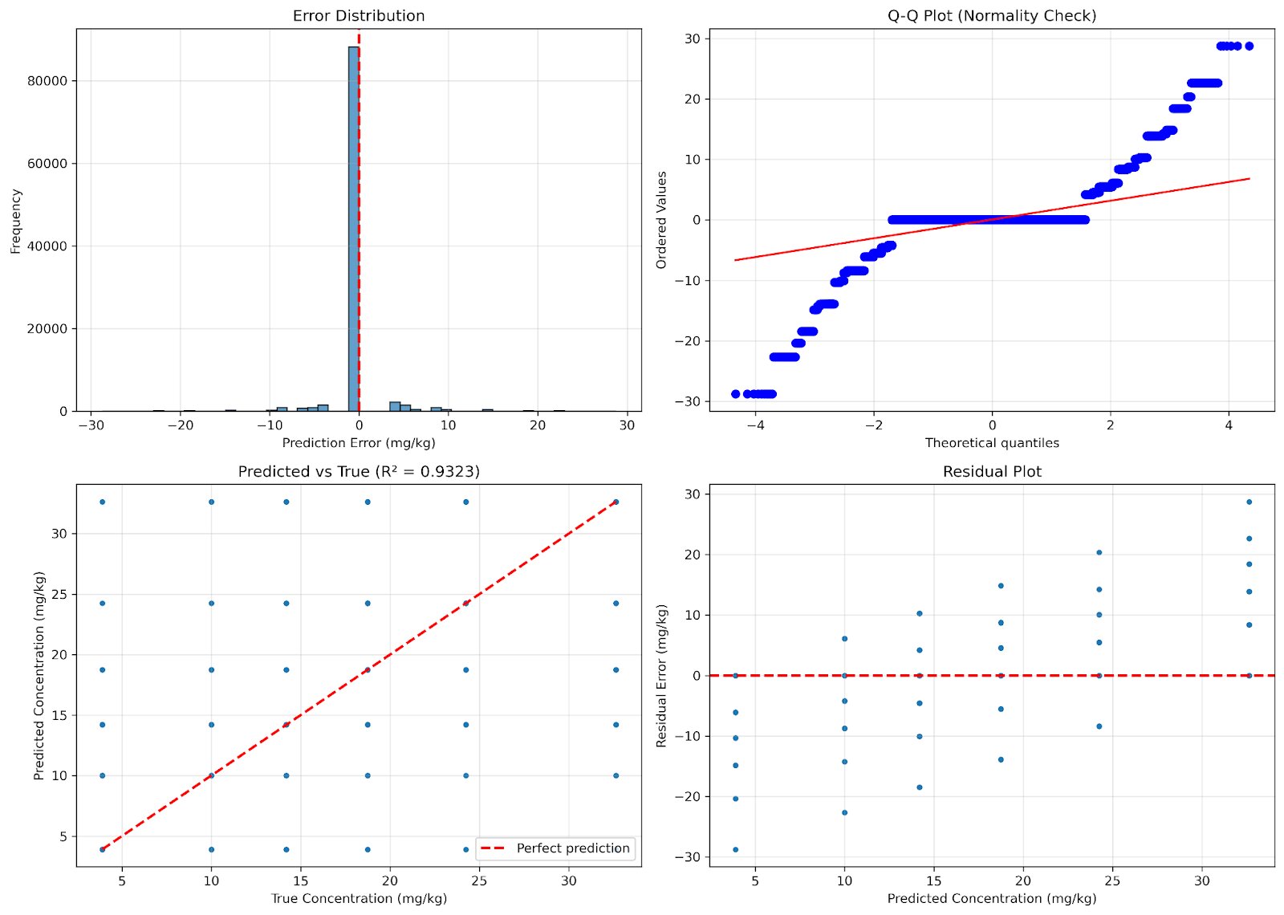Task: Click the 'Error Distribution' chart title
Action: [359, 16]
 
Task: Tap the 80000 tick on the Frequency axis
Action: [47, 81]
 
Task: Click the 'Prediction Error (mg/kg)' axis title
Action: [359, 443]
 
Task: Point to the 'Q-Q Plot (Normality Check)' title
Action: [992, 16]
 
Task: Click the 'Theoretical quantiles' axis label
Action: [992, 443]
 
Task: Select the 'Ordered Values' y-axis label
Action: [662, 220]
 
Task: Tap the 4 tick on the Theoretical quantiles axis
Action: [1229, 425]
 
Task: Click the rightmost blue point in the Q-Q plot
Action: [1249, 46]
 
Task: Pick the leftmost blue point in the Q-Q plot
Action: [736, 394]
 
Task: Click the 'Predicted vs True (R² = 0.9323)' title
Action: [359, 472]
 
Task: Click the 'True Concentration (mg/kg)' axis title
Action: [359, 899]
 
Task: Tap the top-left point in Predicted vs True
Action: [102, 502]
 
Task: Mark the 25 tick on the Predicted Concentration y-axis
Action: [59, 595]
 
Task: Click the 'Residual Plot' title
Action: [992, 472]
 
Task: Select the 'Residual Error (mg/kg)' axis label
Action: [662, 676]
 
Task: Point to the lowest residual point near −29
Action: [735, 849]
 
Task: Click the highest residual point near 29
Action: [1249, 502]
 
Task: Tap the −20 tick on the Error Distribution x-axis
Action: [181, 425]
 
